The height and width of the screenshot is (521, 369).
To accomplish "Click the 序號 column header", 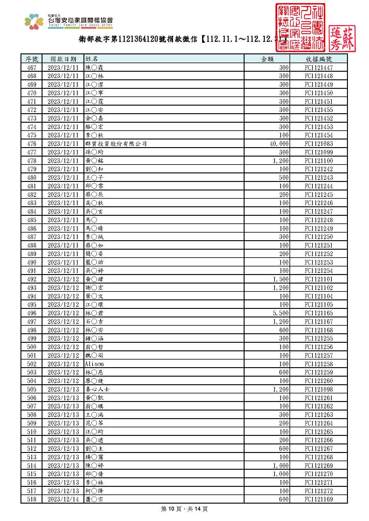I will click(31, 59).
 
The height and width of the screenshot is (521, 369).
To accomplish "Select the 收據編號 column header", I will click(319, 59).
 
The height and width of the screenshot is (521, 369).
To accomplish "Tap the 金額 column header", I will click(267, 59).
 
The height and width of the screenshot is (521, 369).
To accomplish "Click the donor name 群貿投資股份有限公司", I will click(116, 144).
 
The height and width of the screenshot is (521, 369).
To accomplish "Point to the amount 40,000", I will click(279, 144).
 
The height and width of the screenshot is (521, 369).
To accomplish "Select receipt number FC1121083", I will click(319, 144).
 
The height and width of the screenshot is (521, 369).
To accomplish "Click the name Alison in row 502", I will click(94, 364).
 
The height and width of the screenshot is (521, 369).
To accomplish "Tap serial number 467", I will click(31, 67).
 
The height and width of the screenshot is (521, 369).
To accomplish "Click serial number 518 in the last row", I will click(31, 499).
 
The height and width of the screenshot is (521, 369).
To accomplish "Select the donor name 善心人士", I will click(97, 389).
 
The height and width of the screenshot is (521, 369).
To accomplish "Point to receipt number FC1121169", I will click(319, 499).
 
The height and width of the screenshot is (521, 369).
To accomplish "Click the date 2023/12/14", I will click(63, 499).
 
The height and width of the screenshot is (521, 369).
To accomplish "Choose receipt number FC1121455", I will click(319, 110).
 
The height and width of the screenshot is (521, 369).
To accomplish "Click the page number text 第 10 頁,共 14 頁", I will click(184, 509).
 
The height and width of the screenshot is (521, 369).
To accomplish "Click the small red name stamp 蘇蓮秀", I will click(342, 38).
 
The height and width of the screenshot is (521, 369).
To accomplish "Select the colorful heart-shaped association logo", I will click(34, 21).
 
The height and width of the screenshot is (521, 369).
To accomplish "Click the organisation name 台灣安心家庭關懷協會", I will click(80, 20).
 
